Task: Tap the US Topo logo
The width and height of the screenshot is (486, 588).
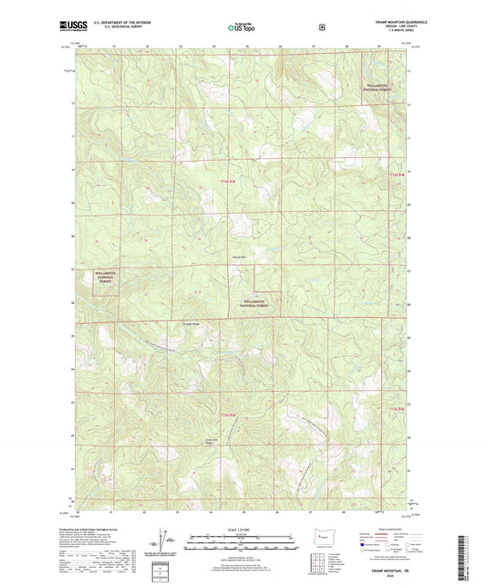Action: point(243,28)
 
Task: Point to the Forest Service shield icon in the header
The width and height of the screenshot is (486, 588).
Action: point(321,28)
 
